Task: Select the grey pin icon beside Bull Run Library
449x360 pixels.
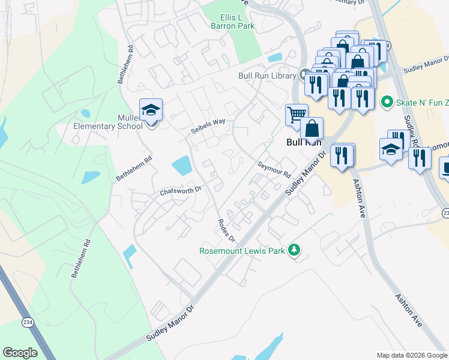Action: (x=304, y=76)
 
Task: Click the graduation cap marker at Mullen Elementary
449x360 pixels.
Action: (x=151, y=110)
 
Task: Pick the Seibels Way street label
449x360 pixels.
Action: (x=208, y=125)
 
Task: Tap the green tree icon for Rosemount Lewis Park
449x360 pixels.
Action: (x=294, y=250)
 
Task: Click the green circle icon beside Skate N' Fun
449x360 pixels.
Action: (x=387, y=102)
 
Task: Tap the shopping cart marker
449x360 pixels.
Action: (x=296, y=114)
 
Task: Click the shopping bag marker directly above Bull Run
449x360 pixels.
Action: (x=313, y=128)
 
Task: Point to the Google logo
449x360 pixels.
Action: (x=20, y=353)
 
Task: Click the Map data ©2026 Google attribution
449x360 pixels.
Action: (x=411, y=355)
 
